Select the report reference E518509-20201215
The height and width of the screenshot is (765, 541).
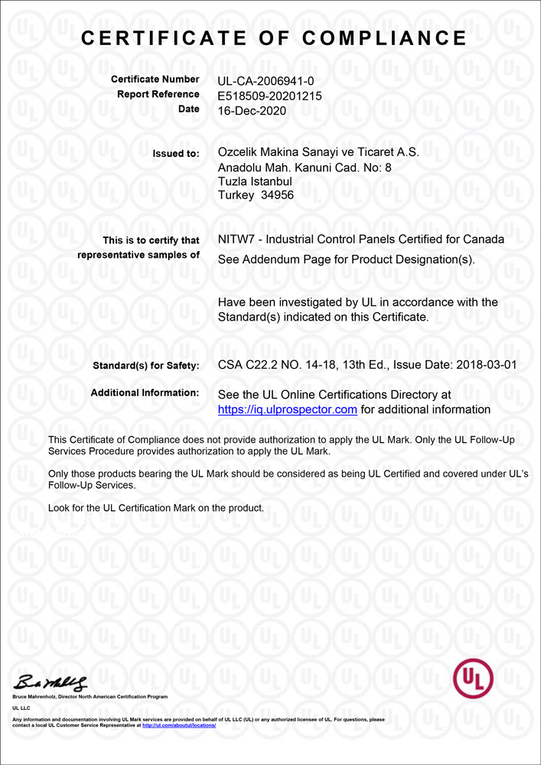click(269, 96)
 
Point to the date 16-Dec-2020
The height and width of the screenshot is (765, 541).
click(252, 110)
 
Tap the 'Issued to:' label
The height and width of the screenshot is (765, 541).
click(176, 154)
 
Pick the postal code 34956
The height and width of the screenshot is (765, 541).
click(277, 195)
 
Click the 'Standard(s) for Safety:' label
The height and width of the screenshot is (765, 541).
click(145, 366)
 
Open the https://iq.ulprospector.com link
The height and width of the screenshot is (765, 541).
click(288, 410)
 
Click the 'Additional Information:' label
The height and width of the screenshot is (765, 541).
click(145, 393)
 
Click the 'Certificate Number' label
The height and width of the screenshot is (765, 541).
click(155, 80)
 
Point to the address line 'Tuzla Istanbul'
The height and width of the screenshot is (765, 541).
click(255, 181)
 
